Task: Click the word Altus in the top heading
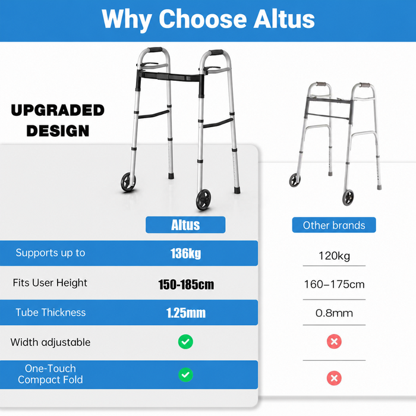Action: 284,19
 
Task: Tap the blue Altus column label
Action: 185,225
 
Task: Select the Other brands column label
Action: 334,225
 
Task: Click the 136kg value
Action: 185,253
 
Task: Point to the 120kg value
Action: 334,256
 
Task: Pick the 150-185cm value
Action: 186,285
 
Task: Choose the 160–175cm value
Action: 334,285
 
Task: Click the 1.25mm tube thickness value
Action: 186,313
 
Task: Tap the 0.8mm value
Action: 334,313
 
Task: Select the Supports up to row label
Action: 51,253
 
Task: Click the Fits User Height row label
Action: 50,283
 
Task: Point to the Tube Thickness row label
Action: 51,313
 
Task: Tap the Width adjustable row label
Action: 51,342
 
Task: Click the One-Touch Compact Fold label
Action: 51,374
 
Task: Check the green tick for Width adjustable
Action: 185,342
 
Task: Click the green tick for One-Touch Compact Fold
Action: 185,374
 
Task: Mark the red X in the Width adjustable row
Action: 334,342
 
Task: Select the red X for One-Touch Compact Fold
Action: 334,378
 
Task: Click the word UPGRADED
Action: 58,110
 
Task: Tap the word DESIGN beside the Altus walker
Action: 58,131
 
